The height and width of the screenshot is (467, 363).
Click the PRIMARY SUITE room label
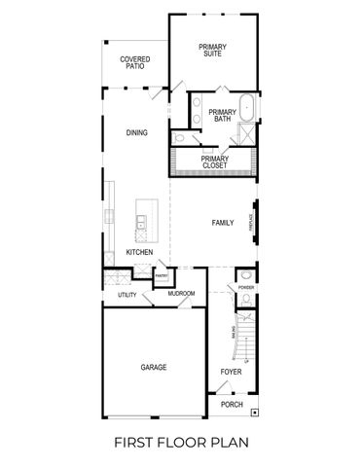[x=211, y=50]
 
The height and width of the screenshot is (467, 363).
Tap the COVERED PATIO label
[x=135, y=63]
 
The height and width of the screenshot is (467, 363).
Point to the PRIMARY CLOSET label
[x=215, y=162]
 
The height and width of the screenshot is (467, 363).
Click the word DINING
[x=136, y=132]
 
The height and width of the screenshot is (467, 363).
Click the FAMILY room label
[x=223, y=223]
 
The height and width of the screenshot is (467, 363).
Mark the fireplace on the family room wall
[x=255, y=224]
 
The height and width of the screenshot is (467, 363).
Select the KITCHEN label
[x=140, y=252]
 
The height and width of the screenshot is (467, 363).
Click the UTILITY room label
[x=127, y=294]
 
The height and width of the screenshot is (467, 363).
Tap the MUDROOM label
[x=181, y=294]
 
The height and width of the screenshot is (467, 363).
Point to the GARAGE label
[x=153, y=367]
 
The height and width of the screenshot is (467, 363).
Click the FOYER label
[x=231, y=372]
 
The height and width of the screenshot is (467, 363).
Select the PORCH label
[x=232, y=404]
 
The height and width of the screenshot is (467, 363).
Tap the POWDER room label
[x=246, y=288]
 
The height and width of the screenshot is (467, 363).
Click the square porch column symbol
[x=255, y=413]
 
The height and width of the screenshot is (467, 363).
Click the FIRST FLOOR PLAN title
[x=181, y=442]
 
